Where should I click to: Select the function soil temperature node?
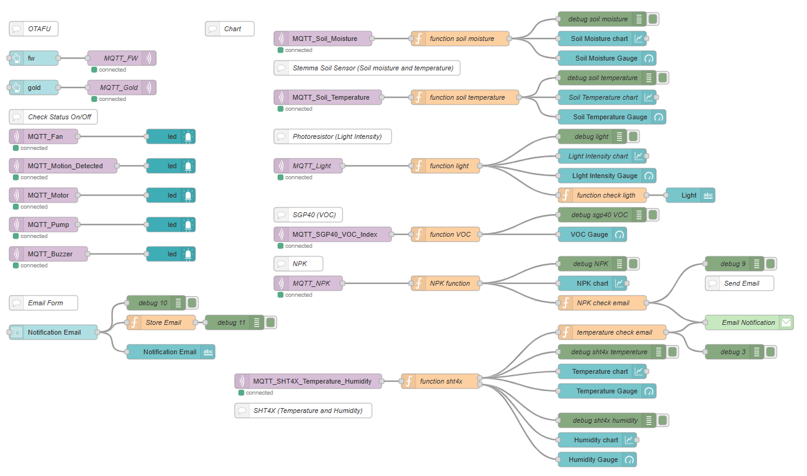[466, 97]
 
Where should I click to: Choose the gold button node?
[34, 87]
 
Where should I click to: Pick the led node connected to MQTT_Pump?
[171, 225]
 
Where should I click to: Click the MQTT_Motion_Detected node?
[64, 166]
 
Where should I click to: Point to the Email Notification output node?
[748, 322]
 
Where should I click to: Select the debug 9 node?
[734, 264]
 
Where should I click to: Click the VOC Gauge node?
[591, 234]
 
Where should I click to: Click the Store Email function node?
[162, 322]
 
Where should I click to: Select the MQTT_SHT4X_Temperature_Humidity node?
[308, 381]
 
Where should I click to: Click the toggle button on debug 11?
[270, 322]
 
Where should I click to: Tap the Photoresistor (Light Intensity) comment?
[333, 136]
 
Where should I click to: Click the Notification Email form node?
[53, 332]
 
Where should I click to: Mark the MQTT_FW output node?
[121, 58]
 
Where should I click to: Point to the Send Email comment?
[740, 283]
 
